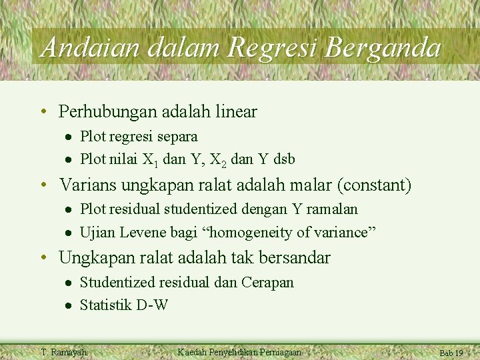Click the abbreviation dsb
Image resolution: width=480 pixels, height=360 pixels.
pos(283,159)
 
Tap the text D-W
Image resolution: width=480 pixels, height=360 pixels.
pos(152,305)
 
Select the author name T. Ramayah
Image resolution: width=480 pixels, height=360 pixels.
pos(64,352)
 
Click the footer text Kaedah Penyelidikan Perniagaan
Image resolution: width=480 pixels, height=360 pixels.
pos(239,352)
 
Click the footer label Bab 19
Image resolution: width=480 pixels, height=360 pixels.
pos(451,353)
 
